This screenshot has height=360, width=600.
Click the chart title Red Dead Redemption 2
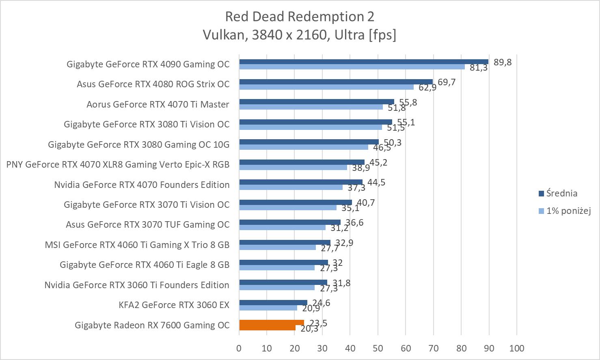[x=300, y=17]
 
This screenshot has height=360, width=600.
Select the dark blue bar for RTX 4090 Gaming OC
[x=363, y=62]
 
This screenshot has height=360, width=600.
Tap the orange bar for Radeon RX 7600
[x=271, y=323]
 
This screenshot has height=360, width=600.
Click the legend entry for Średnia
[x=561, y=194]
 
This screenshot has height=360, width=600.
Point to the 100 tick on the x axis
[x=516, y=348]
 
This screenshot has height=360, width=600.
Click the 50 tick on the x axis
[x=378, y=348]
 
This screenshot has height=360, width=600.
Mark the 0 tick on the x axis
[x=239, y=348]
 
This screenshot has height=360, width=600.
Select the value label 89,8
[x=503, y=62]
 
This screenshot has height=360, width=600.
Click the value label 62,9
[x=427, y=88]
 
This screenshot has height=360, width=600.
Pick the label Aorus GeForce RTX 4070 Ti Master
[x=158, y=104]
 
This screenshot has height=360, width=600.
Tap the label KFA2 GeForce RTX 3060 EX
[x=174, y=305]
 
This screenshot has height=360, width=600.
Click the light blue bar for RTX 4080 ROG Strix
[x=326, y=87]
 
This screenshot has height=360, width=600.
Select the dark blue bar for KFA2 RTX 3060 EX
[x=273, y=302]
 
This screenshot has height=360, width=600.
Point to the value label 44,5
[x=376, y=183]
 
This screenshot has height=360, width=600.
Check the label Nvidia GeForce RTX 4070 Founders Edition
[x=142, y=185]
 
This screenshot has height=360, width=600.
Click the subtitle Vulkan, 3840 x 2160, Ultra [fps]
[x=300, y=35]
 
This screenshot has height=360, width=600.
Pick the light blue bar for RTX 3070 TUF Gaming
[x=282, y=227]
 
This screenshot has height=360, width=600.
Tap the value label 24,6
[x=321, y=303]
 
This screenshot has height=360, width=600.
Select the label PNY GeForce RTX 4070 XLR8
[x=118, y=164]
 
